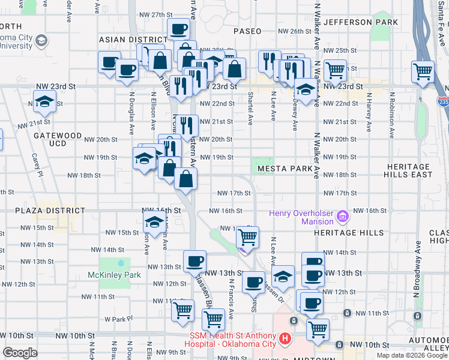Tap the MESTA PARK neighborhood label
pos(285,169)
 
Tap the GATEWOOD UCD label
pos(58,140)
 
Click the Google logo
pos(20,353)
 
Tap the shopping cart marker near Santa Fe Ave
pos(423,71)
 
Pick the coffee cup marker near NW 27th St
pos(178,29)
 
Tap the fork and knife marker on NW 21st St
pos(187,125)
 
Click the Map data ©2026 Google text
pos(411,355)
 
